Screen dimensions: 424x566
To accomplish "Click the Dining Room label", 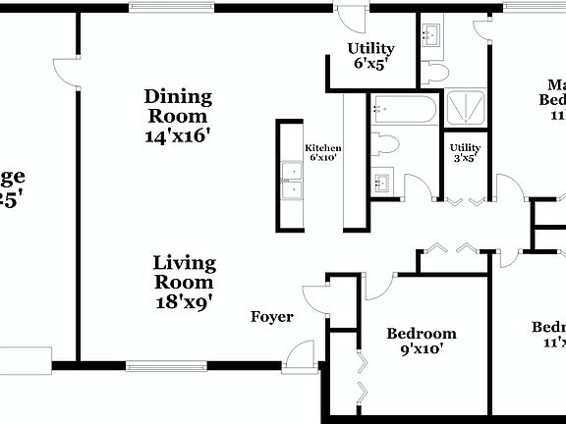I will click(x=178, y=106).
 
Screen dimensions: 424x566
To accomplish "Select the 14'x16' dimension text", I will click(x=178, y=135).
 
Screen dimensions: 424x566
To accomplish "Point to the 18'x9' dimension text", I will click(x=184, y=301).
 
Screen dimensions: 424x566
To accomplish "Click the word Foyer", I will click(x=272, y=317).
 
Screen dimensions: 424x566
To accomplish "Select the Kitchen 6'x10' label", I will click(x=322, y=151).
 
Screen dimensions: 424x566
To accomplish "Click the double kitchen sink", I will click(x=291, y=181).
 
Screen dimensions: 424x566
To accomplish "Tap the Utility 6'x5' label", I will click(x=370, y=56).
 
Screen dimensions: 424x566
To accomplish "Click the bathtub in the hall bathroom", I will click(x=403, y=111).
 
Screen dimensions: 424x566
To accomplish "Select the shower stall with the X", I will click(x=466, y=108).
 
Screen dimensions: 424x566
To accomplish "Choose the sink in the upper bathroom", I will click(x=431, y=37).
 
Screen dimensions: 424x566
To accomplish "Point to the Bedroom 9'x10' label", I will click(x=421, y=341).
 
